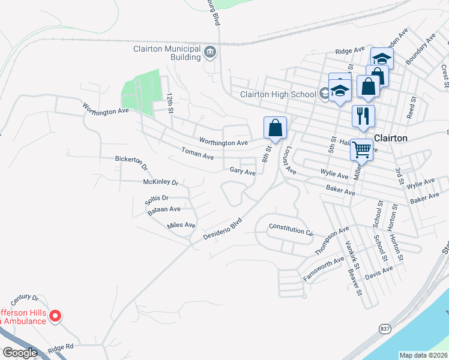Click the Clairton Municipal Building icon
(210, 52)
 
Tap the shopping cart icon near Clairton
(361, 150)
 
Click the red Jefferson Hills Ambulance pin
(55, 315)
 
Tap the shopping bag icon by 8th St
(275, 127)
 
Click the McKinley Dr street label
(161, 182)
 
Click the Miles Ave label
(181, 225)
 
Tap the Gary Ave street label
(243, 172)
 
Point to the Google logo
(19, 353)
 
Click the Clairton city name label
(391, 138)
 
